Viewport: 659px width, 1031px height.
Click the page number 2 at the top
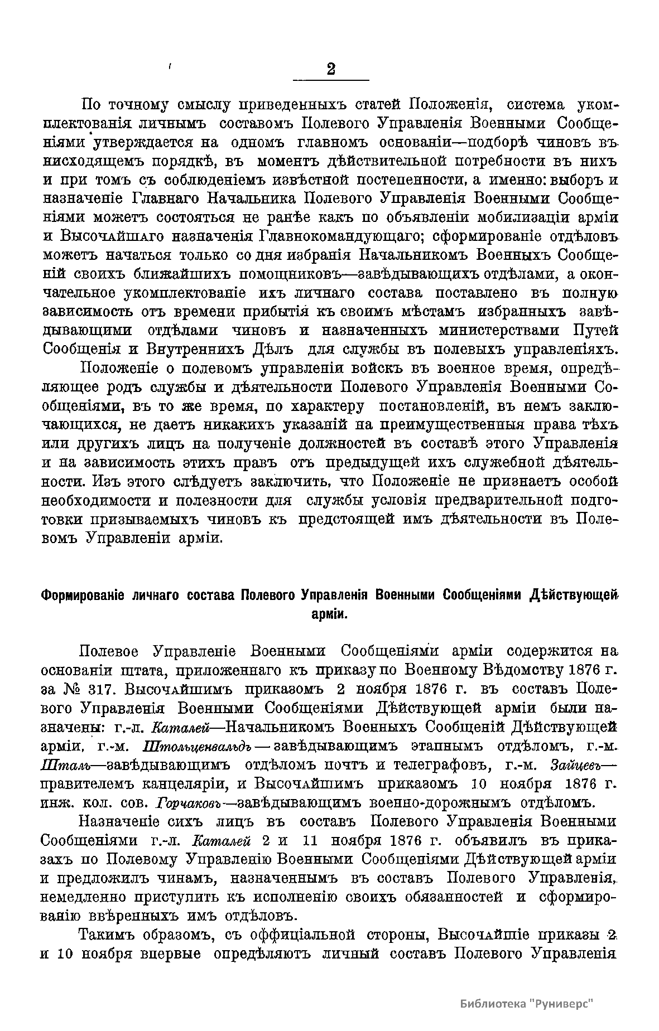click(331, 69)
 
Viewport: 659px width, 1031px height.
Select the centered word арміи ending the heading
click(329, 614)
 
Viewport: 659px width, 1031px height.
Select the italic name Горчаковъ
click(190, 803)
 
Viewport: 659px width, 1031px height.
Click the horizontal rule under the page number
click(331, 81)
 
